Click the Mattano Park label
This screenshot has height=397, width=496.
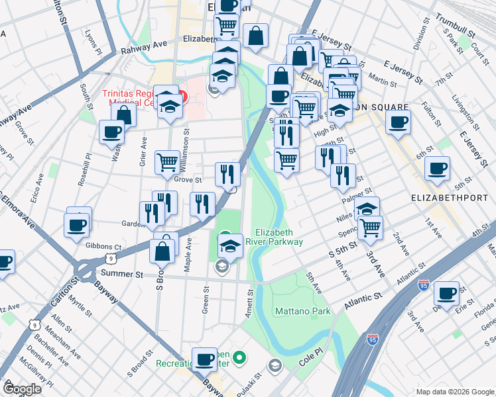pyautogui.click(x=303, y=310)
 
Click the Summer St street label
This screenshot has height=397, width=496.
pyautogui.click(x=121, y=273)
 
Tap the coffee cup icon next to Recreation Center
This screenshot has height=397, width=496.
pyautogui.click(x=205, y=359)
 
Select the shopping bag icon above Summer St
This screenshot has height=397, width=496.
pyautogui.click(x=162, y=251)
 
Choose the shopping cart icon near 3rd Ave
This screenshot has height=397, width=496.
pyautogui.click(x=371, y=228)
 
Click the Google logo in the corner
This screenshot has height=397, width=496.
pyautogui.click(x=22, y=389)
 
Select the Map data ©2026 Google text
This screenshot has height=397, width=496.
pyautogui.click(x=454, y=392)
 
